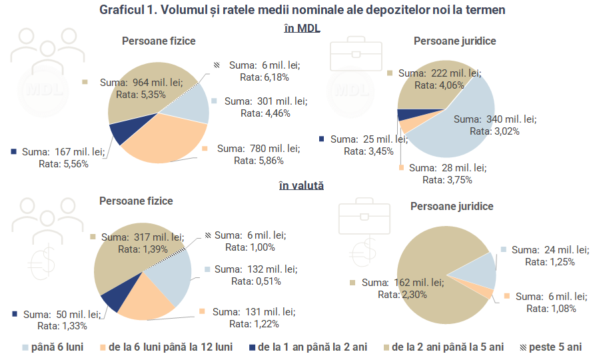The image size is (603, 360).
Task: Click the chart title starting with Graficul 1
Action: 301,10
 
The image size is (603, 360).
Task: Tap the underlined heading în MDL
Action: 301,27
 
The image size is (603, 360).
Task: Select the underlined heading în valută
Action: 301,185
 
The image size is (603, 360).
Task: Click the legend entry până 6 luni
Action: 53,347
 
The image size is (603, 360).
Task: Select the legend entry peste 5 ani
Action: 550,347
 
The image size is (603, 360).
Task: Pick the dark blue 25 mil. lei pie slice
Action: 402,114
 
